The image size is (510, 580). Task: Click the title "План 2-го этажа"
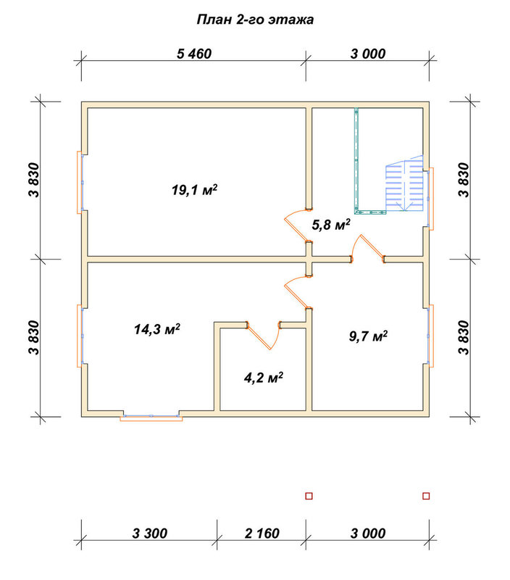[x=255, y=20]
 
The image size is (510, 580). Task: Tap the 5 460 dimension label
[x=194, y=54]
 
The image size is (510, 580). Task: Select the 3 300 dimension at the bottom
[x=150, y=534]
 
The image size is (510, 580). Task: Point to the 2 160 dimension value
[x=262, y=534]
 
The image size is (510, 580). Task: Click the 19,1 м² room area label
[x=194, y=190]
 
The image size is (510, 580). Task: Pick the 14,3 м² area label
[x=157, y=329]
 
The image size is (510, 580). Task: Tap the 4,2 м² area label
[x=264, y=378]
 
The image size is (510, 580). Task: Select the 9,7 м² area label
[x=369, y=336]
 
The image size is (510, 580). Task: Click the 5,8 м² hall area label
[x=331, y=225]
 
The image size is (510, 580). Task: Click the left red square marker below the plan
[x=309, y=496]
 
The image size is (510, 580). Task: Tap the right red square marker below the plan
[x=426, y=496]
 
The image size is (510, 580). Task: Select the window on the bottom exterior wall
[x=151, y=418]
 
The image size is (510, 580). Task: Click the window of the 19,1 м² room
[x=80, y=183]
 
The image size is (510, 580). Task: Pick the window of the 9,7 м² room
[x=430, y=336]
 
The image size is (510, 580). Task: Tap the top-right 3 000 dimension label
[x=368, y=54]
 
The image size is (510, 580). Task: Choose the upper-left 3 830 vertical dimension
[x=33, y=180]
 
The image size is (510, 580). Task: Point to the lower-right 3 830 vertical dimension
[x=464, y=337]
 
